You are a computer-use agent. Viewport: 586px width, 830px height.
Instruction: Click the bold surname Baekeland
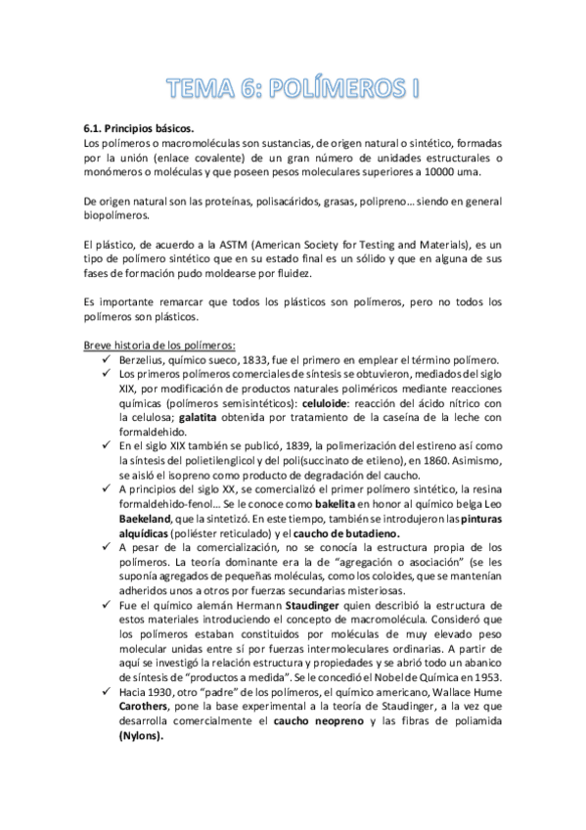tap(146, 518)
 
